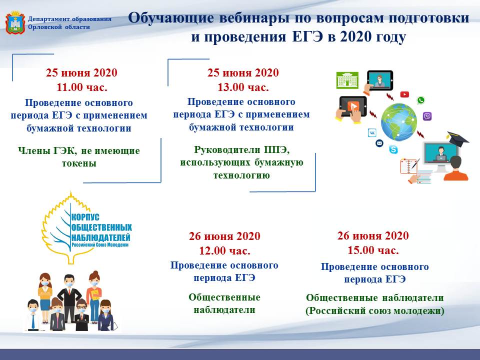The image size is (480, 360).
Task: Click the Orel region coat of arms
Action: point(15,22)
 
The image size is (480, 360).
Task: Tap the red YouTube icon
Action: point(404,94)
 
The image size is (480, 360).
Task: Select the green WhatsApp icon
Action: point(421,100)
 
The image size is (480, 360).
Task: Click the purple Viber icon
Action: point(427,116)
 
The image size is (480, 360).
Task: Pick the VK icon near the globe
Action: point(372,132)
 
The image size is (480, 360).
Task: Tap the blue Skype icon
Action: point(393,149)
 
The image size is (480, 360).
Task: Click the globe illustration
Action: point(399,122)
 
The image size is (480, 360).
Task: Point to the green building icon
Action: point(347,80)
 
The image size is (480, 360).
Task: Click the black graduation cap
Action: point(457,138)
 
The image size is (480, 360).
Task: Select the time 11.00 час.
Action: point(82,87)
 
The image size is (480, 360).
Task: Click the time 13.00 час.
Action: point(243,87)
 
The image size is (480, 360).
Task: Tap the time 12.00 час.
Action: point(224,251)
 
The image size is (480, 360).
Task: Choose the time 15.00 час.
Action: point(373,250)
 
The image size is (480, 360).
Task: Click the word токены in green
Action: point(79,163)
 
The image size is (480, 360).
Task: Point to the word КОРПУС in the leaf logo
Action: point(85,217)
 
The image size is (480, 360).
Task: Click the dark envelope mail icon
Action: point(379,143)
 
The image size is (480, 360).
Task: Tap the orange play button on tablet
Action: point(353,106)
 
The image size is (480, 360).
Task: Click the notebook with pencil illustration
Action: point(409,166)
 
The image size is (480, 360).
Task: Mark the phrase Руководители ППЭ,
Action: point(242,150)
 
